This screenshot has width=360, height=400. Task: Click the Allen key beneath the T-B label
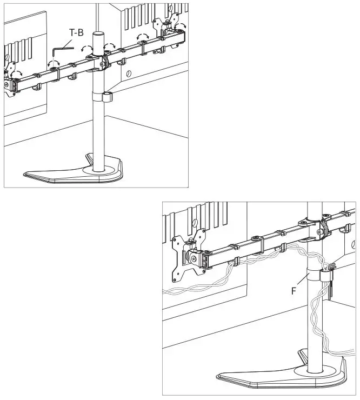tap(61, 49)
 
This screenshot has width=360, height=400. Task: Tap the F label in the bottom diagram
tap(294, 290)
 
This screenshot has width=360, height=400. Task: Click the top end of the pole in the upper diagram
tap(97, 35)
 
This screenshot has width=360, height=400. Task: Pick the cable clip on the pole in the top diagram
tap(105, 97)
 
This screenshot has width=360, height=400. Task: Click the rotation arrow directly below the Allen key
tap(53, 64)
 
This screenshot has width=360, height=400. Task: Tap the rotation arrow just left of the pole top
tap(85, 49)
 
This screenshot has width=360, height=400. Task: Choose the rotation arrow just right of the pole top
tap(110, 45)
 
